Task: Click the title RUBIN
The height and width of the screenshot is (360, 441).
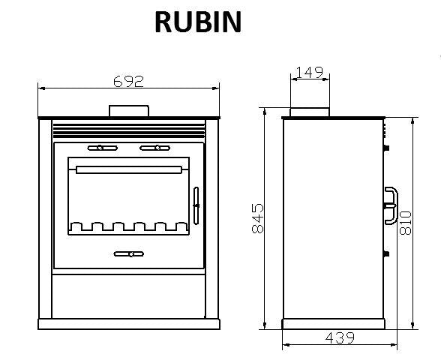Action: [x=198, y=22]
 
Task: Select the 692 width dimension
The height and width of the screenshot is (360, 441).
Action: [x=128, y=80]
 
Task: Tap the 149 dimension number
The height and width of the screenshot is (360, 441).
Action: [x=309, y=73]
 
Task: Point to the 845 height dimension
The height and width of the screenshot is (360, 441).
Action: [x=257, y=218]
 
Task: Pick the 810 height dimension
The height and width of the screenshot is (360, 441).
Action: [x=406, y=223]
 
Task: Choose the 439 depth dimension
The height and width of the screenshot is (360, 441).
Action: [x=340, y=338]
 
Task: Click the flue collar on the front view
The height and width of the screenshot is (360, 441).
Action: [x=129, y=111]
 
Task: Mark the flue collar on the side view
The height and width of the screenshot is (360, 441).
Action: [x=309, y=112]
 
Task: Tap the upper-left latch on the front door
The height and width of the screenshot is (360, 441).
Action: [x=97, y=147]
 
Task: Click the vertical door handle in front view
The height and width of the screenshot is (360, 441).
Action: [x=196, y=205]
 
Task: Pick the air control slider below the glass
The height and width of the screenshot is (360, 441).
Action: [x=129, y=254]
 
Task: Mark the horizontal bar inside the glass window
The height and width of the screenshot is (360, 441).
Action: [x=129, y=170]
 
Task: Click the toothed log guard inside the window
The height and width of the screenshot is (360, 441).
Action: [x=129, y=226]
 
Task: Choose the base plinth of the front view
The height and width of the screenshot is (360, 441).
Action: [x=128, y=324]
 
